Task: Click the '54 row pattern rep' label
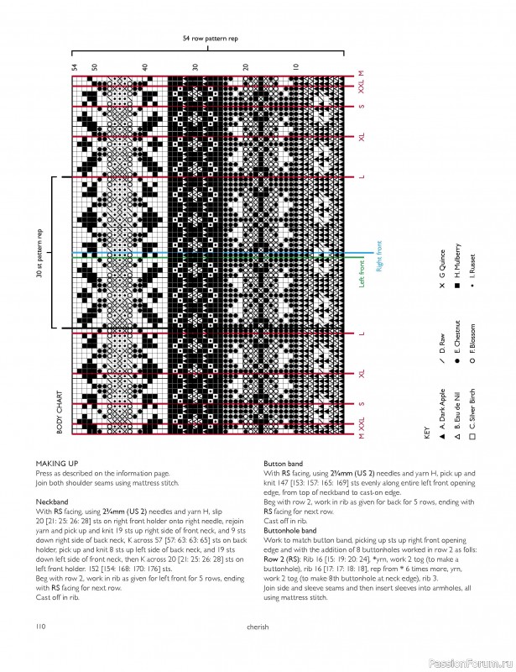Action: pyautogui.click(x=210, y=39)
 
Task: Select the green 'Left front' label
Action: pyautogui.click(x=362, y=274)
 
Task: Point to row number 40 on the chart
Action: pyautogui.click(x=145, y=66)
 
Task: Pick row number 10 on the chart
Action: pyautogui.click(x=295, y=66)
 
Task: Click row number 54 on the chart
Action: pyautogui.click(x=75, y=66)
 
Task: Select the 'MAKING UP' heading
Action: pyautogui.click(x=56, y=463)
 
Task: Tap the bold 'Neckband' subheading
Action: pyautogui.click(x=51, y=501)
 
